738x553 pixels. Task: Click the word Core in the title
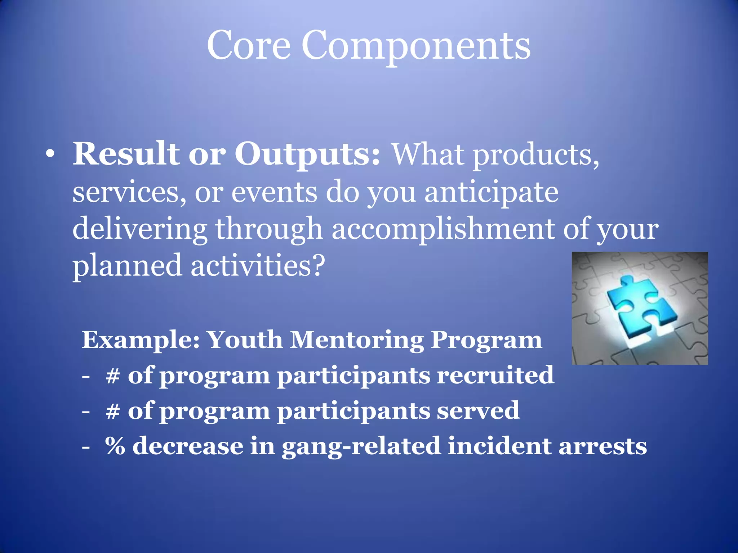pyautogui.click(x=248, y=45)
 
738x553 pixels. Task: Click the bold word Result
pyautogui.click(x=126, y=154)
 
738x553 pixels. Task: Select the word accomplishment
pyautogui.click(x=443, y=230)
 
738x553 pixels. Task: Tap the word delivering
pyautogui.click(x=139, y=230)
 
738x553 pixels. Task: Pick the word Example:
pyautogui.click(x=141, y=340)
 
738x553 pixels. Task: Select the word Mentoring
pyautogui.click(x=357, y=340)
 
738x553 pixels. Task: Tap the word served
pyautogui.click(x=478, y=411)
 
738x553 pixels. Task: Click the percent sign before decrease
pyautogui.click(x=115, y=446)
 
